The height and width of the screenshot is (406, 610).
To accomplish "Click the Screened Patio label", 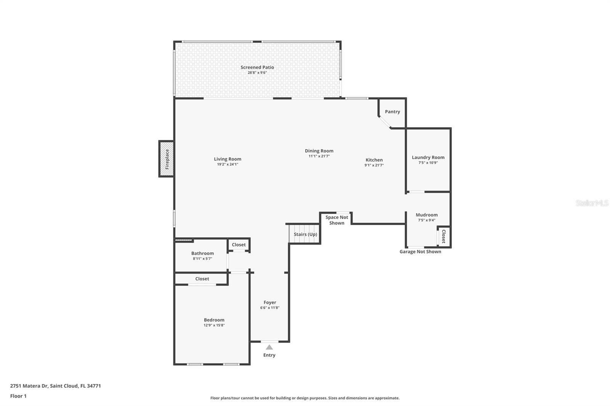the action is coord(257,67).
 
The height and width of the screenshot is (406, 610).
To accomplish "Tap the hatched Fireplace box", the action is coord(166,159).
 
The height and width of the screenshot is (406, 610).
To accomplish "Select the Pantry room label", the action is coord(392,112).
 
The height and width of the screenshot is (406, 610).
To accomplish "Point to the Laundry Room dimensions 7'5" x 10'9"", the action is coord(428,163).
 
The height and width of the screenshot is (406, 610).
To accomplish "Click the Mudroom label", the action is coord(427,215).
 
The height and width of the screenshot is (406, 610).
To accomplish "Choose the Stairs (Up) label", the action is coord(305,234).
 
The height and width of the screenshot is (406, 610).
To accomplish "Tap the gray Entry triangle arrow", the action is coord(269,347).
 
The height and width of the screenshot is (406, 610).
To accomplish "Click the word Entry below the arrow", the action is coord(269,355).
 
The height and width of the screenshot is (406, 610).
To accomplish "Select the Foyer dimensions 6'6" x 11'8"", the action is coord(270,308).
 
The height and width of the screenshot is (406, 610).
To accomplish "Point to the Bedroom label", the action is coord(214,320).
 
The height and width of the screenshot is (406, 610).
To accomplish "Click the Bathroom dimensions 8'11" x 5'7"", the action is coord(202,259).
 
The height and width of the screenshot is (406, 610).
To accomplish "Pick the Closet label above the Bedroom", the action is coord(202,279).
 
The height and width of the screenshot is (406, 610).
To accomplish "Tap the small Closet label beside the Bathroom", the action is coord(239,245).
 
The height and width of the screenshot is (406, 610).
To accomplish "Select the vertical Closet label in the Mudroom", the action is coord(444,236).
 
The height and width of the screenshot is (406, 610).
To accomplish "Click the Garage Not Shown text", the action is coord(420,252).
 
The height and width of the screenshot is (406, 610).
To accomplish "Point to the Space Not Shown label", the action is coord(337,220).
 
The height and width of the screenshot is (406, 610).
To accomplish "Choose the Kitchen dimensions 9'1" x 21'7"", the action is coord(374,165).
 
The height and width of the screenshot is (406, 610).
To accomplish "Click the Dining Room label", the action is coord(319,151).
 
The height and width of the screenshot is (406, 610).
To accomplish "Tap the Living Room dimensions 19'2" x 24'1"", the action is coord(227,165).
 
